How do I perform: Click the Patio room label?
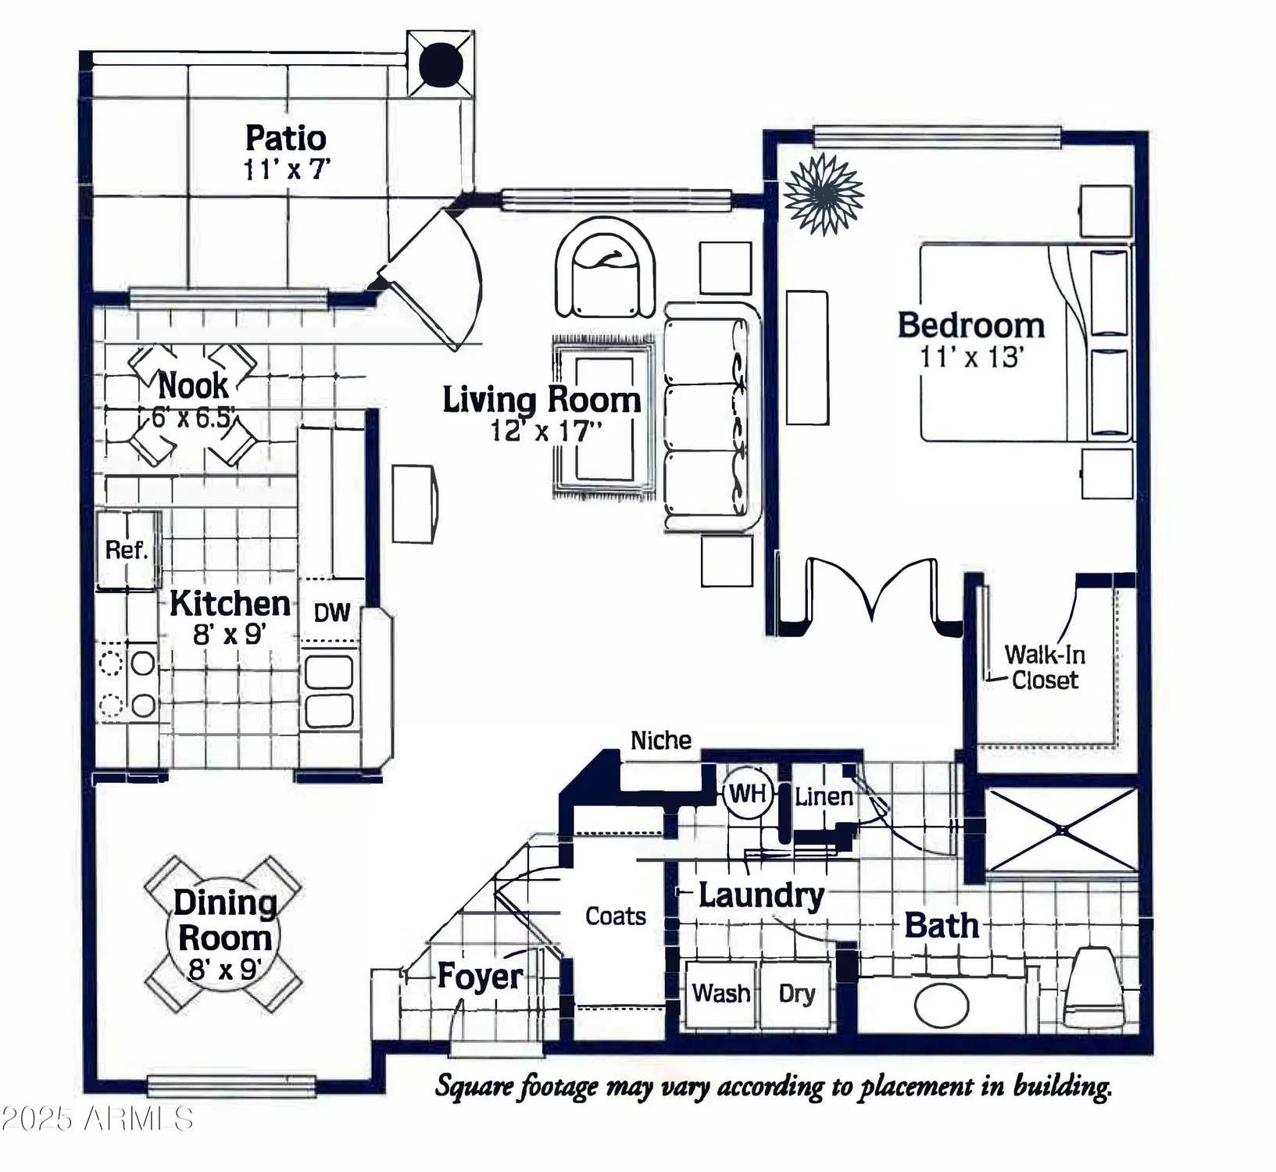[x=285, y=138]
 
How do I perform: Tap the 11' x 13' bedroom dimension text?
[x=971, y=357]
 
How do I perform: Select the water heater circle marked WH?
[x=748, y=794]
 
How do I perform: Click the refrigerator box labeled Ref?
[x=127, y=549]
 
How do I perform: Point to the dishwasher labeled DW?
[x=332, y=613]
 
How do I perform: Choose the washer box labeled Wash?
[x=720, y=994]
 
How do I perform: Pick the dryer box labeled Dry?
[x=796, y=994]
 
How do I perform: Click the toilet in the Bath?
[x=1096, y=988]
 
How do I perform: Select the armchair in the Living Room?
[x=605, y=270]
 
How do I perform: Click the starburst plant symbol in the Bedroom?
[x=824, y=195]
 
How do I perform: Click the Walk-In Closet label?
[x=1044, y=667]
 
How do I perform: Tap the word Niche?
[x=661, y=740]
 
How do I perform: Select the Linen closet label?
[x=824, y=797]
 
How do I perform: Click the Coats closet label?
[x=616, y=916]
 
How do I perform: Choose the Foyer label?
[x=480, y=976]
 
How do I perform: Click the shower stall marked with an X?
[x=1062, y=830]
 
